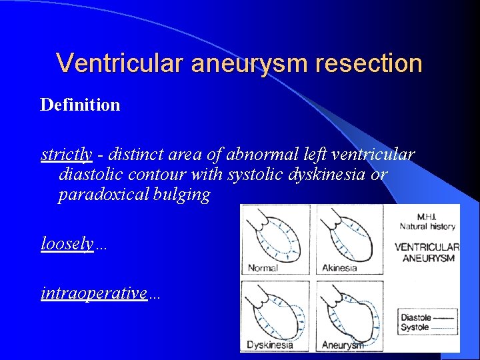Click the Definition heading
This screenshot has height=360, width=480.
coord(80,105)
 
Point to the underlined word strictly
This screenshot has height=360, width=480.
coord(67,155)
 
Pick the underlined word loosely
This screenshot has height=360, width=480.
coord(67,244)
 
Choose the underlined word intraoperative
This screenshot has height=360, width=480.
coord(94,293)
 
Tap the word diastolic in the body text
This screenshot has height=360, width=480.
coord(92,175)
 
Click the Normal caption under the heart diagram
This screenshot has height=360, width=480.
coord(263,268)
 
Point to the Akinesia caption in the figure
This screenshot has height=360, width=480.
coord(339,268)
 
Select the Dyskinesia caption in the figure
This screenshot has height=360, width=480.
coord(269,345)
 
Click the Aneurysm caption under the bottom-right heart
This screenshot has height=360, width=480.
coord(343,345)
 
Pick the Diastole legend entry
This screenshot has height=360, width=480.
coord(415,318)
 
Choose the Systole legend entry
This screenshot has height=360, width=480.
coord(415,327)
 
